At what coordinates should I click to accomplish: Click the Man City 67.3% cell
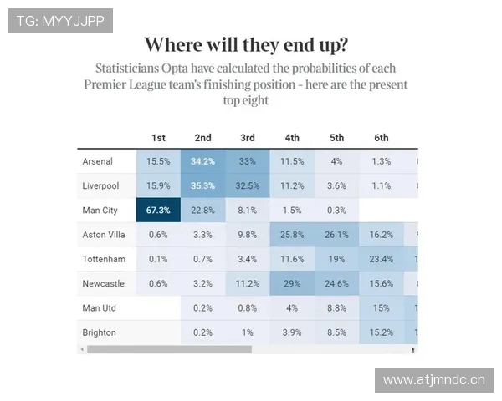click(158, 210)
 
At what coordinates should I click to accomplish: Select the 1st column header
click(158, 138)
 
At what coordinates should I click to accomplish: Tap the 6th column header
click(382, 138)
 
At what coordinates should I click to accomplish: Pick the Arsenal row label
click(97, 161)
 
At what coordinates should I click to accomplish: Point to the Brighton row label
click(99, 332)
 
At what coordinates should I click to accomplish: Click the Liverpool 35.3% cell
click(202, 185)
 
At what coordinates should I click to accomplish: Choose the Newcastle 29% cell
click(292, 283)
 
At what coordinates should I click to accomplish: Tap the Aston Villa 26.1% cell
click(336, 235)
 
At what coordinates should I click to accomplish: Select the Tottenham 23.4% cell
click(382, 259)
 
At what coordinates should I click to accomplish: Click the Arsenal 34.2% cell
click(202, 161)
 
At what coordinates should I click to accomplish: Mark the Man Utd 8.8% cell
click(336, 308)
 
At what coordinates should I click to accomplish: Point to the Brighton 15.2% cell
click(382, 332)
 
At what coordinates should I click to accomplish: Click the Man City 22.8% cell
click(202, 210)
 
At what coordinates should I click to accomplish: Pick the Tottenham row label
click(104, 259)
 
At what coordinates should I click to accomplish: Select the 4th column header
click(292, 138)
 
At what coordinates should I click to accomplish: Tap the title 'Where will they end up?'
click(246, 44)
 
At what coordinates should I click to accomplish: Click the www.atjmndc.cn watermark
click(434, 380)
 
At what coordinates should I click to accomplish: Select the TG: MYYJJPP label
click(60, 21)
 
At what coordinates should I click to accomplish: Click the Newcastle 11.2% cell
click(248, 283)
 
